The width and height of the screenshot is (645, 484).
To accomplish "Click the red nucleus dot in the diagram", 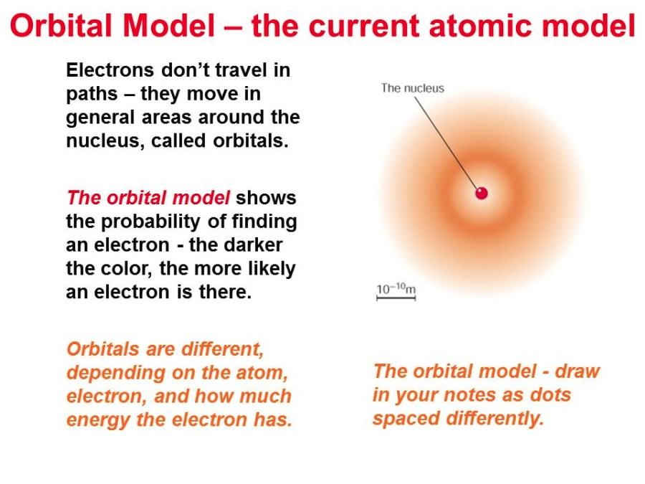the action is pos(482,193).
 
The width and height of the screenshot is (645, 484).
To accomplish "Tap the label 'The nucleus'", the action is pos(413,88).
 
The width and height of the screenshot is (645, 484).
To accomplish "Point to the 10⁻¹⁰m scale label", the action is pos(396,288).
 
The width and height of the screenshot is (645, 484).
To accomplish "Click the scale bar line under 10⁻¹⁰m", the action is pos(396,298).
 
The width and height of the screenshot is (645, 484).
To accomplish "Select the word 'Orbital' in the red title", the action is pos(62,26).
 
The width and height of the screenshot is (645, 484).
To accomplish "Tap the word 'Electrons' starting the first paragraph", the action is pos(110,70).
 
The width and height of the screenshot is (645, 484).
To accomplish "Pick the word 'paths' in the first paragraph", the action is pos(92,94).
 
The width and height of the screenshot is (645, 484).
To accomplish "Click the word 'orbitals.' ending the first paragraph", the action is pos(251,141).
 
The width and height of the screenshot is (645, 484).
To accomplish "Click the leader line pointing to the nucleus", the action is pos(446,143).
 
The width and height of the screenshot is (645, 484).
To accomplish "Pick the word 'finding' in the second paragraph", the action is pos(264,222).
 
